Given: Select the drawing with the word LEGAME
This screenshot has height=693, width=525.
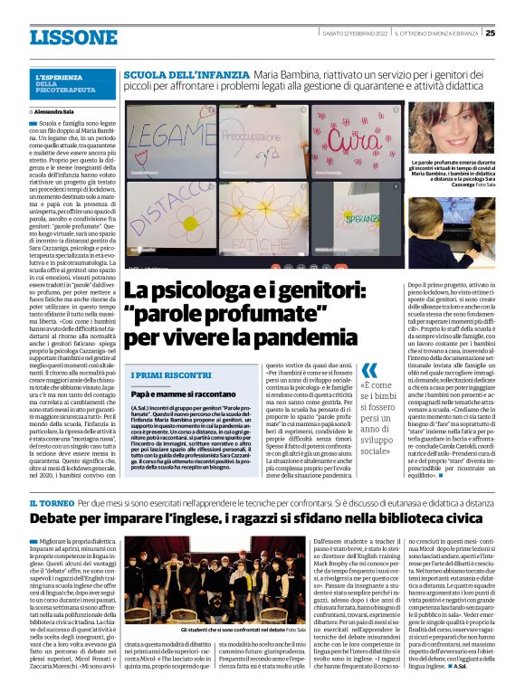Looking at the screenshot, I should click(169, 136).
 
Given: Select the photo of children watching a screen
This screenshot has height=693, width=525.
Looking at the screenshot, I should click(449, 222).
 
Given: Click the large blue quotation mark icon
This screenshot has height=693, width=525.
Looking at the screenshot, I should click(369, 371).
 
